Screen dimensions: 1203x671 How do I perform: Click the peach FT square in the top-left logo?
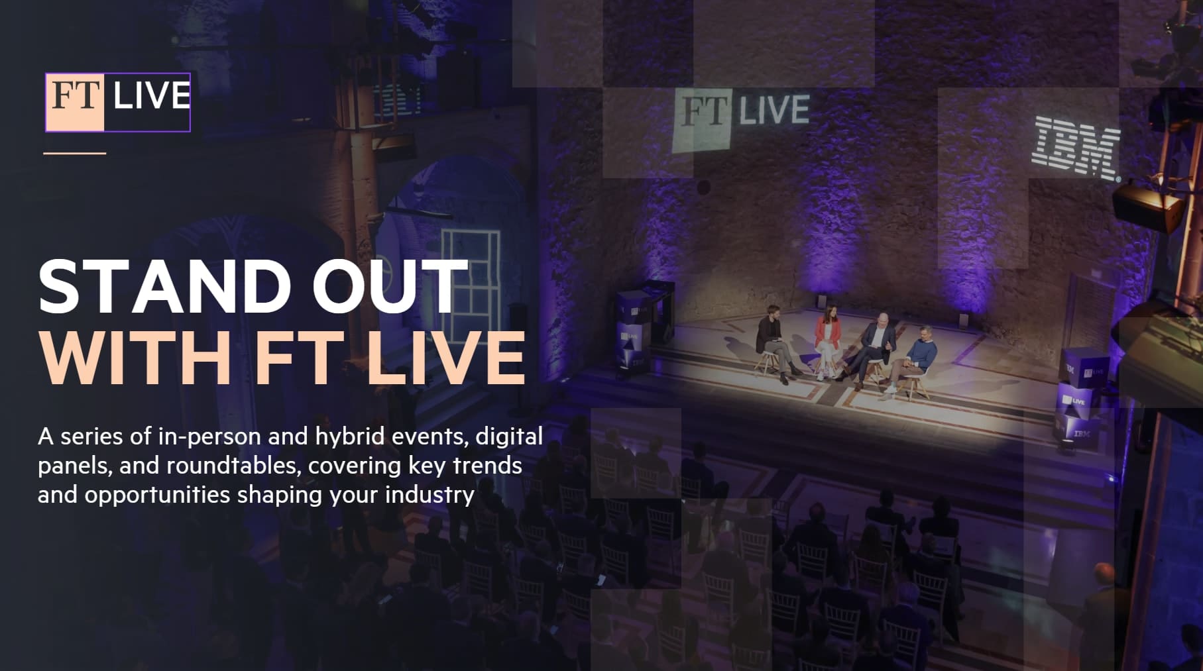coord(75,103)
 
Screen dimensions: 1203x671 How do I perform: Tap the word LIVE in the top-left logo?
coord(151,96)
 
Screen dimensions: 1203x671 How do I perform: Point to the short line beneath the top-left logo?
coord(75,153)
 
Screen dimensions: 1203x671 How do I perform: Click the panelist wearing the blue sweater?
coord(913,360)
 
